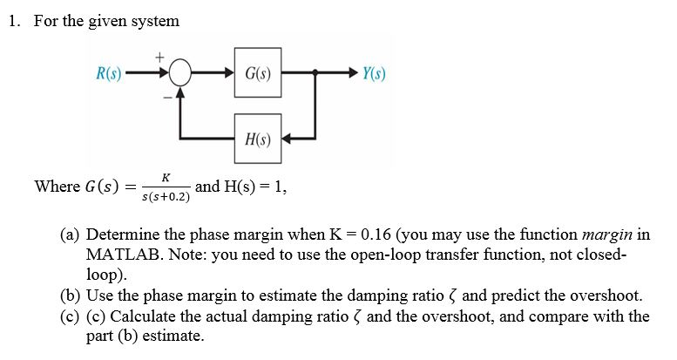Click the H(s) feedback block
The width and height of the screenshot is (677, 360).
tap(257, 139)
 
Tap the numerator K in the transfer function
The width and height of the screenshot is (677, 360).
tap(166, 177)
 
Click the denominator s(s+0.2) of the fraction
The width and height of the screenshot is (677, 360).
tap(166, 196)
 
